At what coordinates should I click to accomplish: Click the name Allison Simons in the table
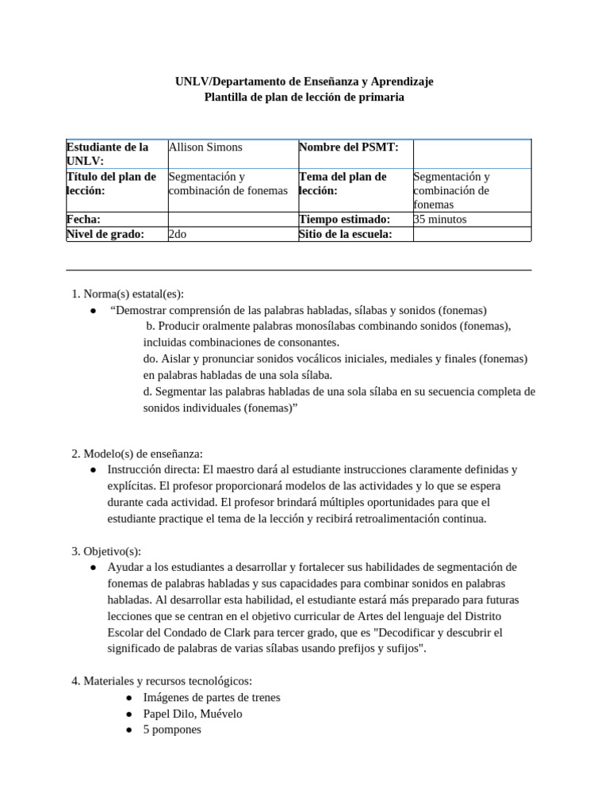(x=206, y=147)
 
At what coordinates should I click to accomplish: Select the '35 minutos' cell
(x=440, y=219)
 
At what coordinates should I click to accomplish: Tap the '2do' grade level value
(x=178, y=234)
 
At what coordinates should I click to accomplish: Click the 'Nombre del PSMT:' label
(x=348, y=147)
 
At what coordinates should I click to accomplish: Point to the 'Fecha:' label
(x=84, y=219)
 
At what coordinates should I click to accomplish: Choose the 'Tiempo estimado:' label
(x=344, y=219)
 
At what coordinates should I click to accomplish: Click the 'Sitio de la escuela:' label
(x=345, y=234)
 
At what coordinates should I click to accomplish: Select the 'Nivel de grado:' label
(x=105, y=234)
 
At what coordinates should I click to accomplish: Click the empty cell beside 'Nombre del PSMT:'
(x=472, y=153)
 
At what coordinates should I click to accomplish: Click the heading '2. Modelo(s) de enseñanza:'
(x=137, y=454)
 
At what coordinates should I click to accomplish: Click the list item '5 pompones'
(x=172, y=729)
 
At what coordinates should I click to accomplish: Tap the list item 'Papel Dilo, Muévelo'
(x=193, y=713)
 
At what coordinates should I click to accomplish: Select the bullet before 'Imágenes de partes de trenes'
(x=129, y=698)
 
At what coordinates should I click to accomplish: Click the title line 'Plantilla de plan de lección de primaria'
(x=304, y=97)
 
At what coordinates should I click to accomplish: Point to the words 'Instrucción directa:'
(x=155, y=469)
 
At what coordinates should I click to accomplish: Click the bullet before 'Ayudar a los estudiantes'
(x=93, y=568)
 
